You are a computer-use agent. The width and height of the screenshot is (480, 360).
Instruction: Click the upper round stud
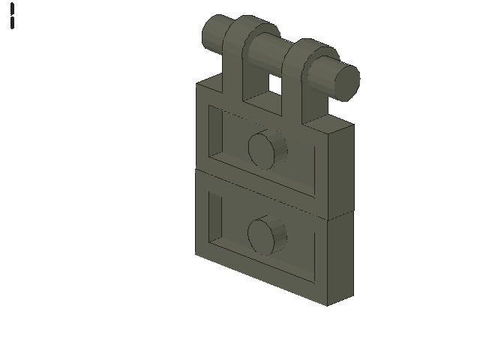[x=265, y=148]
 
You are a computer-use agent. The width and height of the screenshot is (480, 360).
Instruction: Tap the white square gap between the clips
[x=275, y=85]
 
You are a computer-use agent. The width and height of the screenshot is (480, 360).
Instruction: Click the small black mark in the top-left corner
[x=13, y=16]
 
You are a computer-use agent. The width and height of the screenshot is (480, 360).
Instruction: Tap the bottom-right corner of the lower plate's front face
[x=326, y=305]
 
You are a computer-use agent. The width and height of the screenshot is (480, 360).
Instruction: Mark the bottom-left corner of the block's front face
[x=196, y=253]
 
